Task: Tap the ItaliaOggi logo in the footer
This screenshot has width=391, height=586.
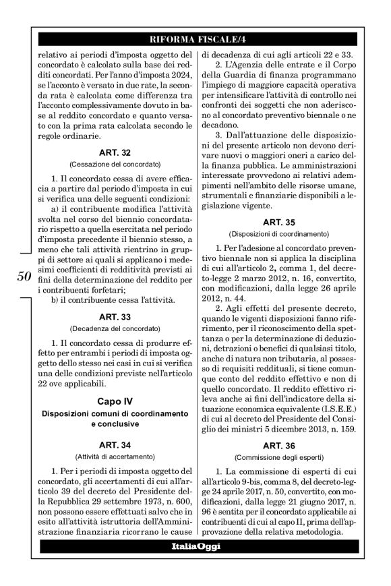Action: (x=195, y=546)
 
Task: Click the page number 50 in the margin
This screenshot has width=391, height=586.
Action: (x=23, y=276)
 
